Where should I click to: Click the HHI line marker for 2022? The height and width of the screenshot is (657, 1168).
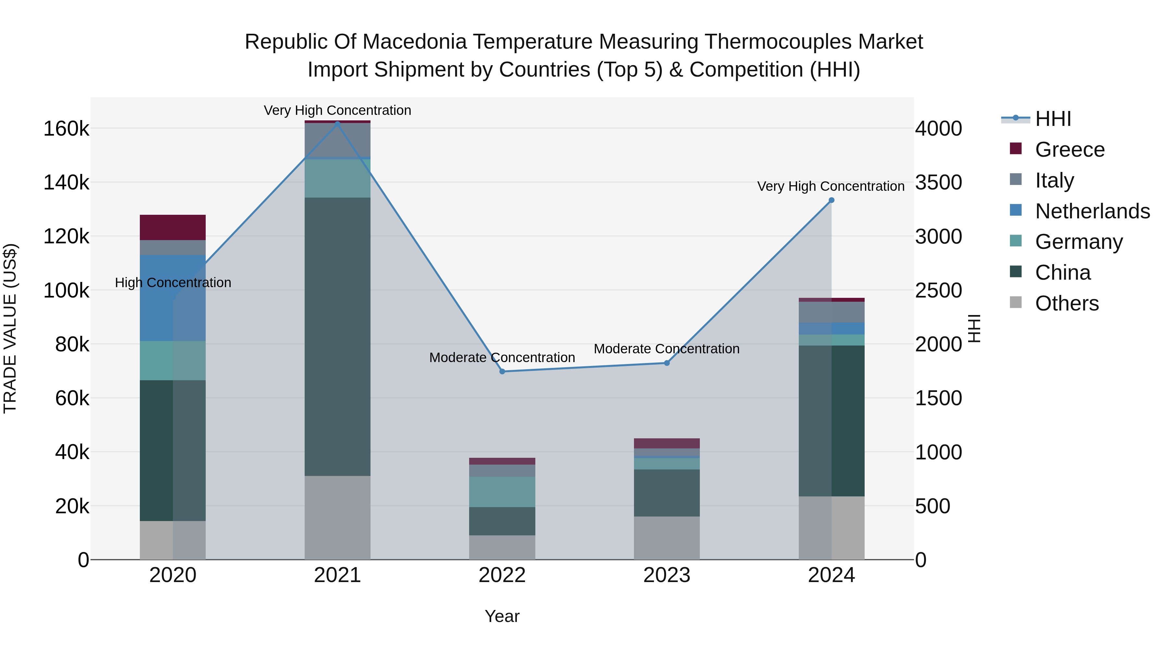502,371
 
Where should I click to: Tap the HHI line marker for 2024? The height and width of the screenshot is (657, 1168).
831,200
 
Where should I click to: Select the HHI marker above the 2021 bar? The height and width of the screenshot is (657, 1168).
337,123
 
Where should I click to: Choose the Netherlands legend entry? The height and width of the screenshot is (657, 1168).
1092,211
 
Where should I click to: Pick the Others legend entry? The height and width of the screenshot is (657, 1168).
1066,303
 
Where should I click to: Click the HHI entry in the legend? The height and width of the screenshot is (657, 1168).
1053,119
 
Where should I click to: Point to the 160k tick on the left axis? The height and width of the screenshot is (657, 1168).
66,129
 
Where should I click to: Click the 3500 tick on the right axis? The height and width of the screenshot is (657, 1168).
938,183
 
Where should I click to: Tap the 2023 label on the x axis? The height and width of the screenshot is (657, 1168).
666,575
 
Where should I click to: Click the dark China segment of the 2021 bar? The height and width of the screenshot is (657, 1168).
337,336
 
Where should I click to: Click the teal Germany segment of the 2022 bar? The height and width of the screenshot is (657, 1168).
502,492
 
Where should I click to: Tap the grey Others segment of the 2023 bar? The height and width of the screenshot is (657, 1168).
666,538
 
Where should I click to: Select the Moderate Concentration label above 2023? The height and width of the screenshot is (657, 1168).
666,349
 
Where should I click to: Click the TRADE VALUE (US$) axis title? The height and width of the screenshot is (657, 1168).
10,328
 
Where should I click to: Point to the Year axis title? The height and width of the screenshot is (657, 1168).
502,616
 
